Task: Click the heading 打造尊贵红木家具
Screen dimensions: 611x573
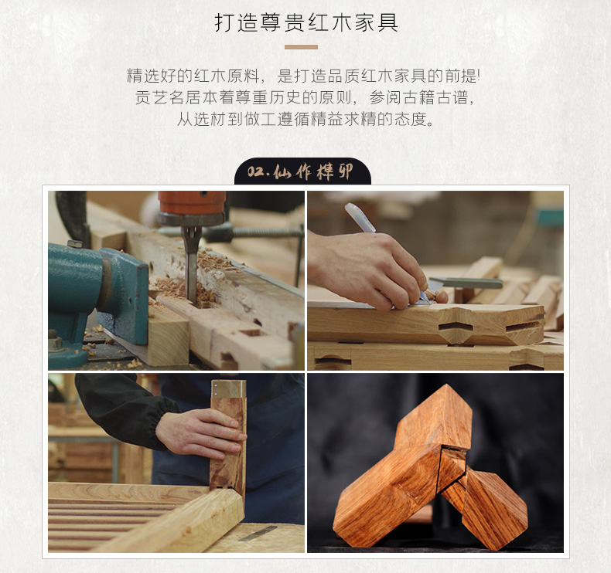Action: [306, 22]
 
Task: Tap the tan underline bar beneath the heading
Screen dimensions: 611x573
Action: [301, 47]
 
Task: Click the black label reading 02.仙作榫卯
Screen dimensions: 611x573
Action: [302, 171]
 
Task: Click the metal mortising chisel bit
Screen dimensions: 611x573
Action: [191, 269]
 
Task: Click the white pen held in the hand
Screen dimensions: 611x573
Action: [360, 218]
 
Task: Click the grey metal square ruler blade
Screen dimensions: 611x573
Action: [466, 283]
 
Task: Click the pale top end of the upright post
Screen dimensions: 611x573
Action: [228, 389]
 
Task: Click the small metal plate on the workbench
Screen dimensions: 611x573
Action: [258, 534]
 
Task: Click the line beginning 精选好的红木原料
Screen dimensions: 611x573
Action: [303, 76]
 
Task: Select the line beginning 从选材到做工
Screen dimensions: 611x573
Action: [305, 119]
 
